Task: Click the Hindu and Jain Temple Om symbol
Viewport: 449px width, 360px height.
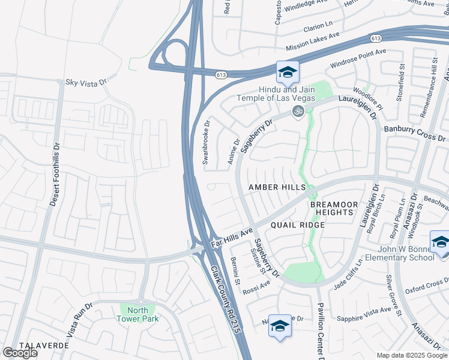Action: (x=296, y=110)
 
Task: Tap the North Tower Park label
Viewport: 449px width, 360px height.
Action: (x=139, y=314)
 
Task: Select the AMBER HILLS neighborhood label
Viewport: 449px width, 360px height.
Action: (x=277, y=188)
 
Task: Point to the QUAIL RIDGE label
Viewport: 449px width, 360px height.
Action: (x=297, y=225)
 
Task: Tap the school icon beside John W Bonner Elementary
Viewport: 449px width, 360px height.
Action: (x=441, y=243)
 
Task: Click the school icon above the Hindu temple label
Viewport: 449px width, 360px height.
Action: (x=288, y=73)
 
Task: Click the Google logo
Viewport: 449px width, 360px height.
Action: (x=20, y=352)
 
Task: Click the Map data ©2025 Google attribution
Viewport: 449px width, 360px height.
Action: (x=411, y=355)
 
